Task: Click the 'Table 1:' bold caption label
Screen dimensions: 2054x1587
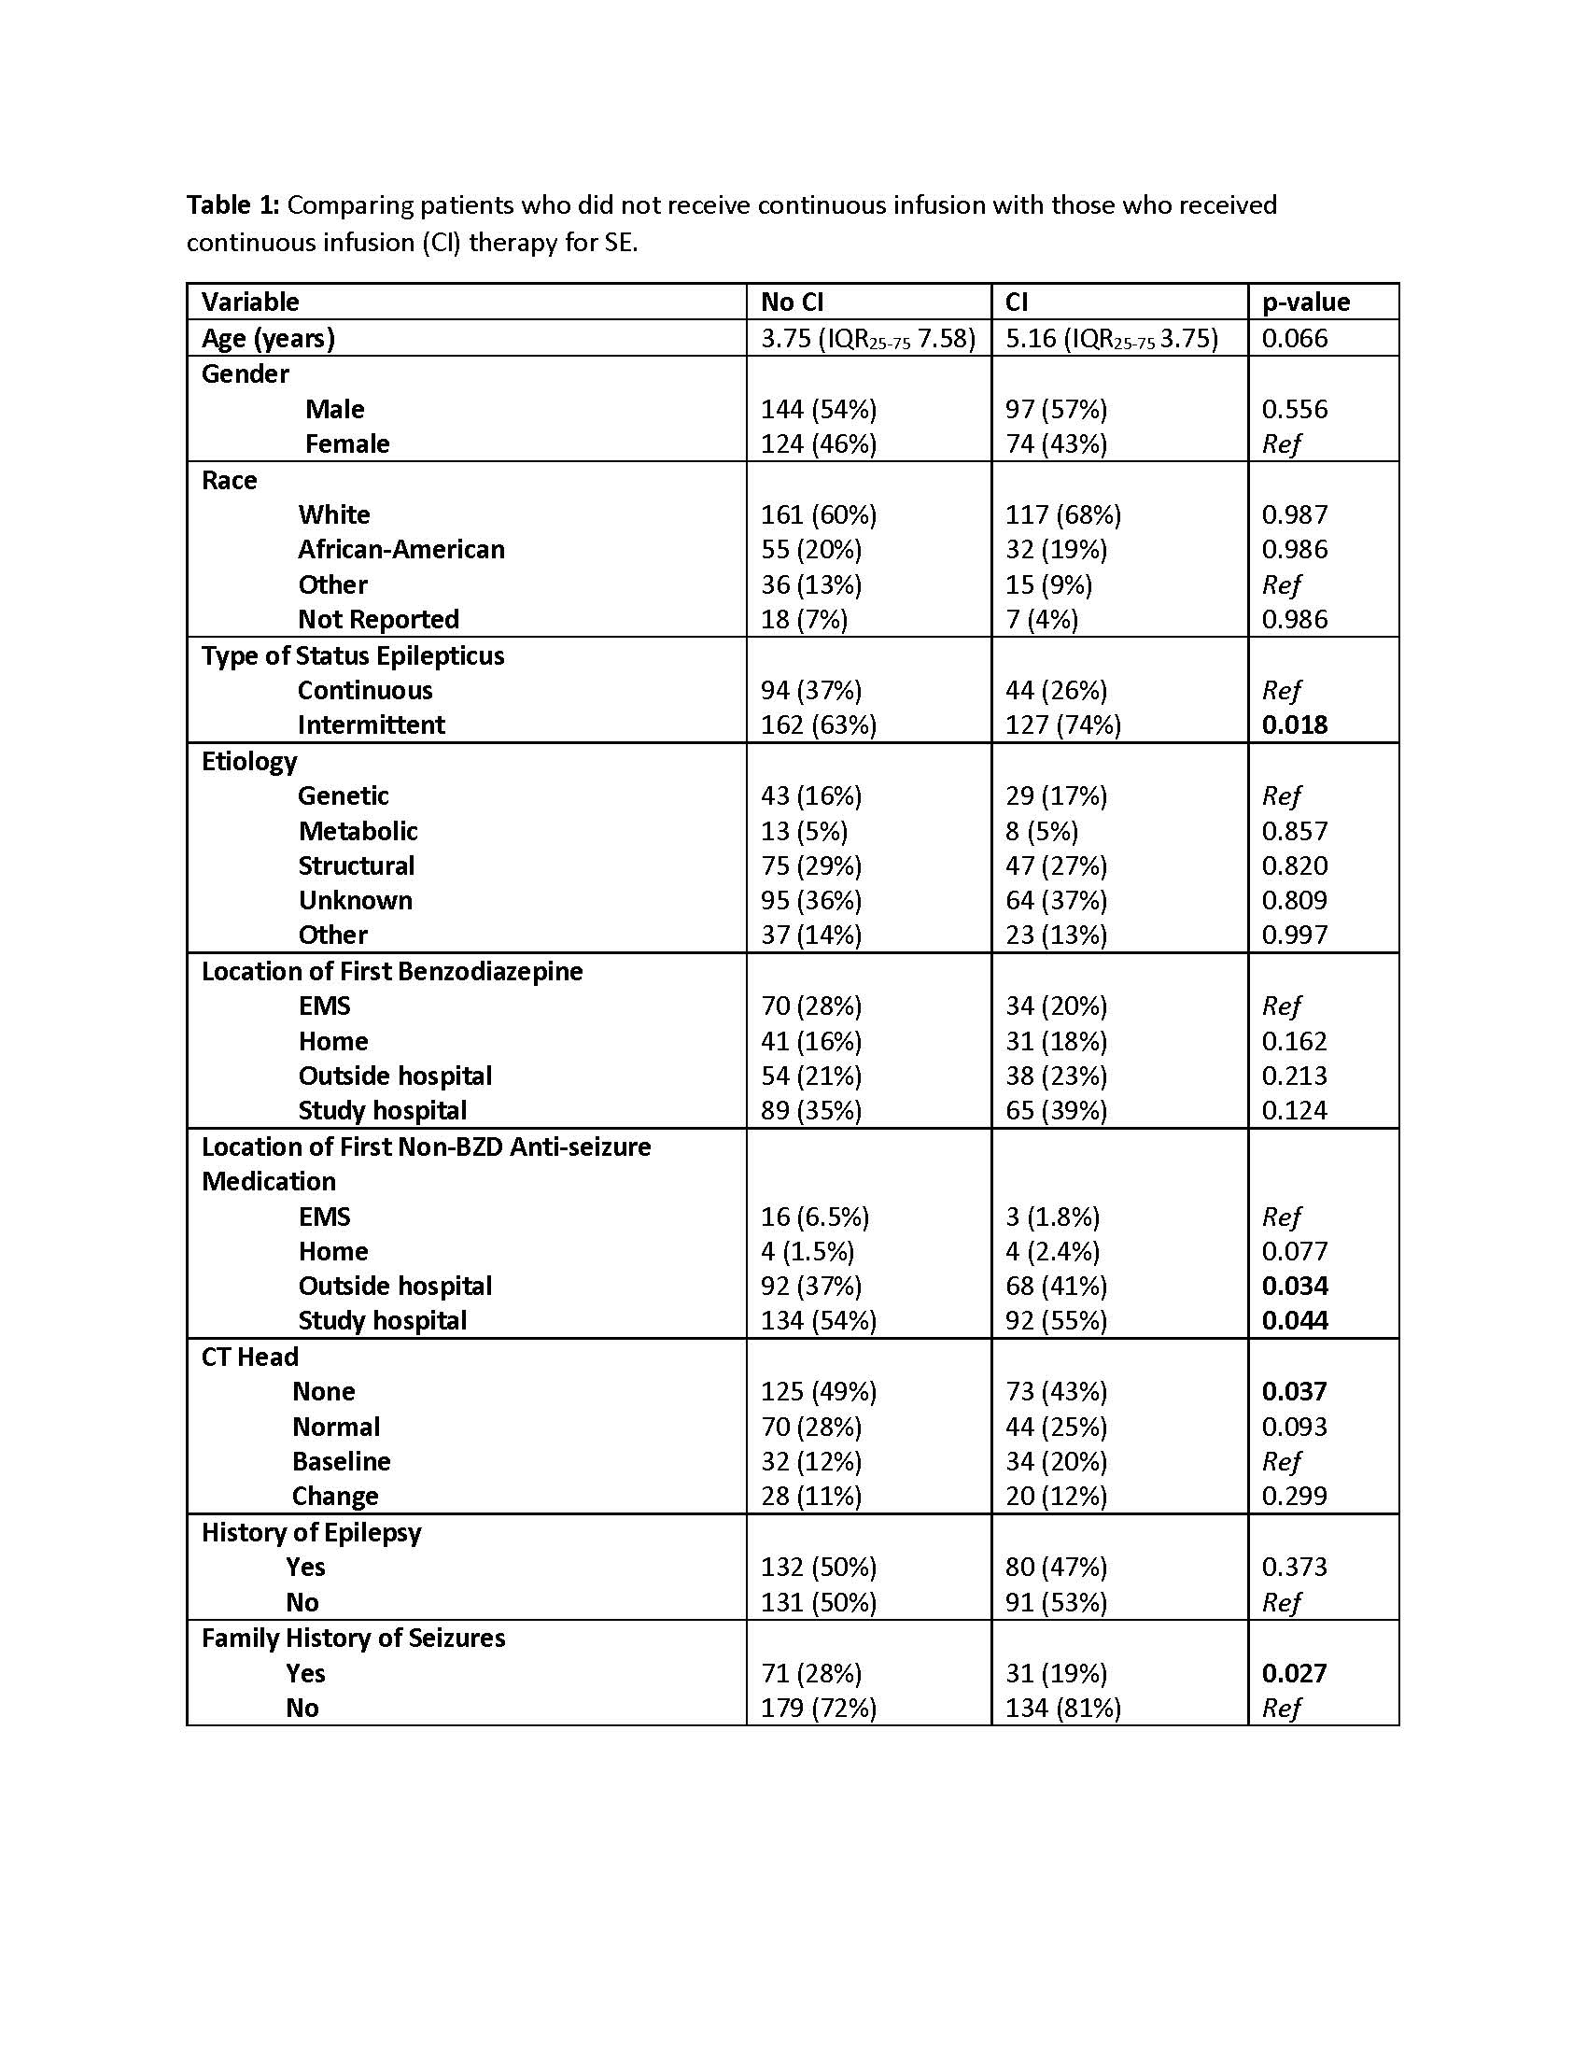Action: point(232,205)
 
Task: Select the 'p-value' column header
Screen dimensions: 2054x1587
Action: point(1305,302)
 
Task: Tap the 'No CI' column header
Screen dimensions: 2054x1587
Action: point(792,302)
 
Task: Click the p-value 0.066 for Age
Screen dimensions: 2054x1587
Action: point(1294,338)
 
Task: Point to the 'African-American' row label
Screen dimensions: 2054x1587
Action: point(400,549)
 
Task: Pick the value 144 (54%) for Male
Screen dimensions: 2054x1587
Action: point(818,409)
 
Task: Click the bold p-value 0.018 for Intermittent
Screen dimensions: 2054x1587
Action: point(1294,725)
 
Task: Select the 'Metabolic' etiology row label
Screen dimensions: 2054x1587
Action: point(358,831)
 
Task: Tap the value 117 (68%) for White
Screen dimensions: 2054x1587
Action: point(1062,514)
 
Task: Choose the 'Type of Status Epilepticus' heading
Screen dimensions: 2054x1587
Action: point(353,655)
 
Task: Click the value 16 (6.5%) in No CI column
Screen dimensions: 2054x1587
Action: point(814,1217)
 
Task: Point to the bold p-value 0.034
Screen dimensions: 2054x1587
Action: point(1294,1286)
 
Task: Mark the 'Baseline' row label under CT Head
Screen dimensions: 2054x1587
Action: point(341,1461)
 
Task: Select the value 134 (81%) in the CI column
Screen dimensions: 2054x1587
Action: point(1062,1708)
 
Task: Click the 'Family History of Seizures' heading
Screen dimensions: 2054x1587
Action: point(353,1639)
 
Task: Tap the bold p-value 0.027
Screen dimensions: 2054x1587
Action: point(1294,1673)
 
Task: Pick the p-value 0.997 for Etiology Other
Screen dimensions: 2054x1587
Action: point(1294,935)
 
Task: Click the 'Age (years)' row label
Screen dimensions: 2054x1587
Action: point(268,338)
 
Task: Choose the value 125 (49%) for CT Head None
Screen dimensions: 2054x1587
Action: point(818,1391)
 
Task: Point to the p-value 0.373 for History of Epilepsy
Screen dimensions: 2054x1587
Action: point(1294,1567)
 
